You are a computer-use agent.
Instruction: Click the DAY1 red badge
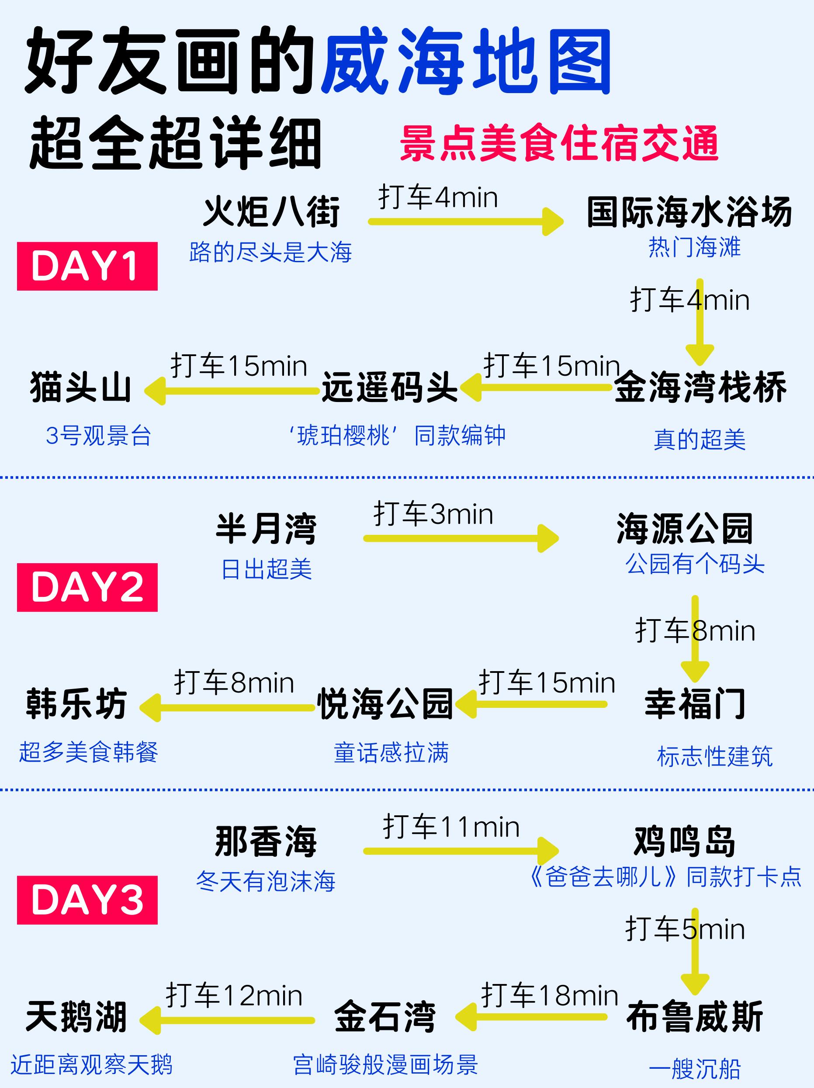click(x=87, y=266)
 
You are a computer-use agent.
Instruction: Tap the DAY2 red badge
click(x=87, y=587)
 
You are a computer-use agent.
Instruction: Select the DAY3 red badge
click(x=87, y=900)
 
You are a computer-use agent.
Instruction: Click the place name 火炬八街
click(x=271, y=212)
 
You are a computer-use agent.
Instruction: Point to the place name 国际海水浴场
click(x=689, y=212)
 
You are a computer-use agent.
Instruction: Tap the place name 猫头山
click(x=81, y=387)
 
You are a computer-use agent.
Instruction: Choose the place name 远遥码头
click(x=390, y=387)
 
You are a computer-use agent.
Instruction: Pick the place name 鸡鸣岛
click(x=684, y=842)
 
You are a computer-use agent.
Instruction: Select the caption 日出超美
click(x=267, y=569)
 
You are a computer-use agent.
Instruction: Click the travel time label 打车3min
click(x=433, y=514)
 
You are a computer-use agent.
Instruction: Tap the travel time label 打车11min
click(x=451, y=827)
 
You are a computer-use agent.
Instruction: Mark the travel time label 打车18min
click(x=549, y=996)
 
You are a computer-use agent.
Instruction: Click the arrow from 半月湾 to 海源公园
click(x=461, y=539)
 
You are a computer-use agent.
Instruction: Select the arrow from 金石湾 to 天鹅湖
click(x=227, y=1021)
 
